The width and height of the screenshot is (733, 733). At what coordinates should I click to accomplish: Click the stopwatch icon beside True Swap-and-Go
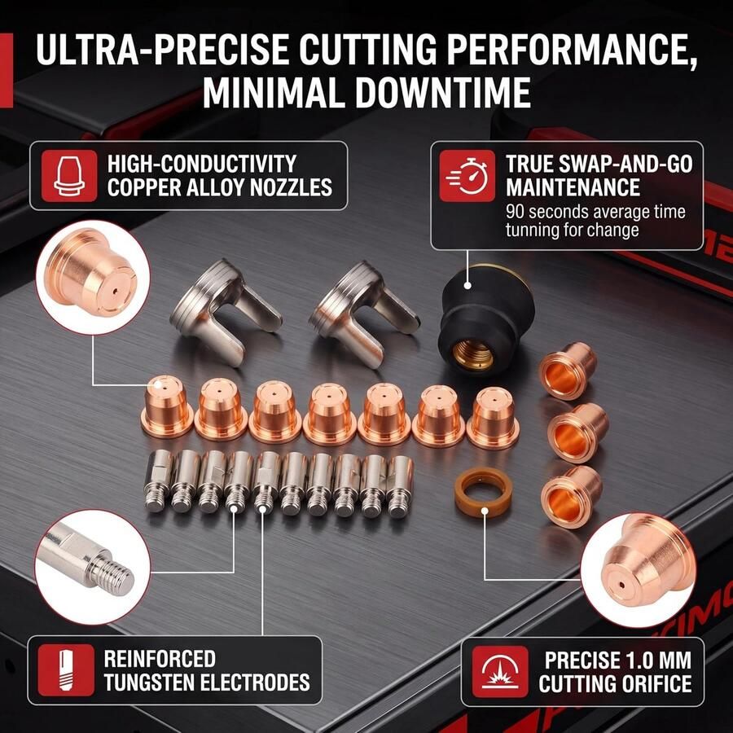click(x=467, y=176)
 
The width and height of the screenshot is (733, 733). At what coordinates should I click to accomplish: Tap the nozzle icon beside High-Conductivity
click(x=69, y=176)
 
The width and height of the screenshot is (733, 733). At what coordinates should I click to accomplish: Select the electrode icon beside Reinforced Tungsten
click(x=66, y=670)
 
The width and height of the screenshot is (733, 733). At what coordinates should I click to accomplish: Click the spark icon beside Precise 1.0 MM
click(x=500, y=672)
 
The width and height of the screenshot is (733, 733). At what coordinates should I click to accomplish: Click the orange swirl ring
click(x=483, y=491)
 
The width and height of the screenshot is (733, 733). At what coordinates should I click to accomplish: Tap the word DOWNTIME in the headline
click(x=443, y=93)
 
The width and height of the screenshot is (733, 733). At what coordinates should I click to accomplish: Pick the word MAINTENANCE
click(x=573, y=187)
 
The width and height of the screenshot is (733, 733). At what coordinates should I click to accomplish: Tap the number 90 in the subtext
click(x=515, y=212)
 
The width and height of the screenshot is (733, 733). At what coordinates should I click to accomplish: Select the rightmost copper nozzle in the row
click(x=492, y=418)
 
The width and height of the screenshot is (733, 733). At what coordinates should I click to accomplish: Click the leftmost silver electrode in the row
click(x=159, y=481)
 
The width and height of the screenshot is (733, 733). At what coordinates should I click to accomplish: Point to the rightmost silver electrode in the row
click(x=400, y=487)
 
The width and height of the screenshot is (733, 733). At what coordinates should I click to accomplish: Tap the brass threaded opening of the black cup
click(x=473, y=353)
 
